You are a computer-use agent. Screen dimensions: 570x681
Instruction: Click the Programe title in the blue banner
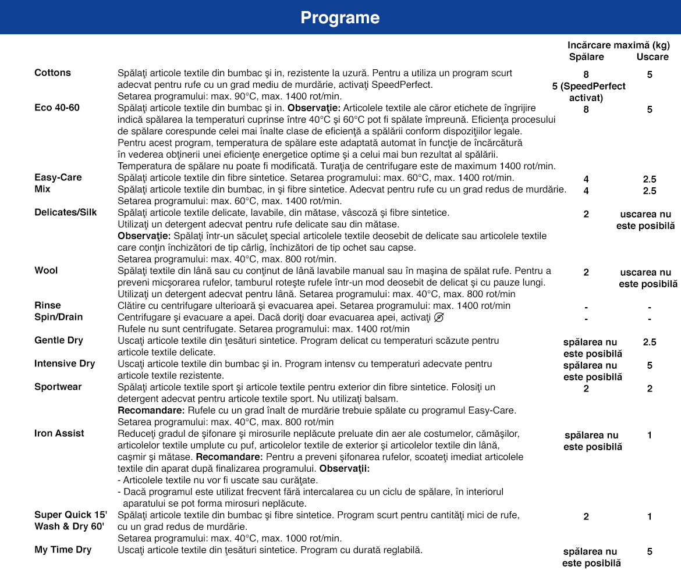(x=340, y=17)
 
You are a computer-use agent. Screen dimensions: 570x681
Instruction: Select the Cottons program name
(x=52, y=73)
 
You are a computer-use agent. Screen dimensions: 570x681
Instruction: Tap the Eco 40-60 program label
(x=57, y=108)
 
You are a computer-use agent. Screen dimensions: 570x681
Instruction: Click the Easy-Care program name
(x=58, y=177)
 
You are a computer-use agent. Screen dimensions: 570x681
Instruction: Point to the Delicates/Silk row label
(x=65, y=212)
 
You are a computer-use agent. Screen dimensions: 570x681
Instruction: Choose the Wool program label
(x=46, y=270)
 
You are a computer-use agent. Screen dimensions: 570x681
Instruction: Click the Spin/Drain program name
(x=58, y=317)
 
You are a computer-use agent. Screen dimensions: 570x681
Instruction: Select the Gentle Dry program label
(x=58, y=340)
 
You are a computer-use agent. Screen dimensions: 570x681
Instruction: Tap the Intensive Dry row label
(x=64, y=364)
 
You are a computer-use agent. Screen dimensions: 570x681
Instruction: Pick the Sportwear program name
(x=58, y=387)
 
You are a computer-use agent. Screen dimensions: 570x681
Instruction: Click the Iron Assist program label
(x=59, y=433)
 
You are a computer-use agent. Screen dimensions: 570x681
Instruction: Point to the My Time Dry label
(x=63, y=550)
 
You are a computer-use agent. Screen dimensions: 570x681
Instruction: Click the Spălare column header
(x=586, y=56)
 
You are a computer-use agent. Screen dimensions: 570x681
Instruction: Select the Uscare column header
(x=652, y=56)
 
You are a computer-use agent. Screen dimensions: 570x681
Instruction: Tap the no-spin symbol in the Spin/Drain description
(x=439, y=317)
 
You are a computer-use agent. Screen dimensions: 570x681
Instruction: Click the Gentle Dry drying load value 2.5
(x=650, y=342)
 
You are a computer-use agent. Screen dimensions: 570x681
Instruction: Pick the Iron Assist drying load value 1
(x=650, y=435)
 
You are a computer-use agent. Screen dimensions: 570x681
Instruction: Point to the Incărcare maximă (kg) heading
(x=619, y=45)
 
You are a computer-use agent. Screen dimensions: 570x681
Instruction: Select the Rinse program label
(x=47, y=305)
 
